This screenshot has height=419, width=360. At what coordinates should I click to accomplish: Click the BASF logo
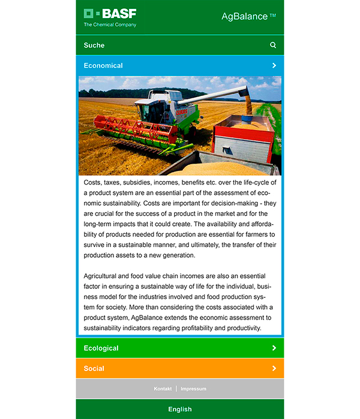pyautogui.click(x=110, y=13)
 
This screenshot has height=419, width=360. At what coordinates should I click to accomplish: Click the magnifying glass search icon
pyautogui.click(x=274, y=45)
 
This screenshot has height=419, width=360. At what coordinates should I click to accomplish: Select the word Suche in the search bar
pyautogui.click(x=94, y=45)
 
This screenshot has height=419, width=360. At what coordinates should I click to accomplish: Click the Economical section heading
pyautogui.click(x=103, y=65)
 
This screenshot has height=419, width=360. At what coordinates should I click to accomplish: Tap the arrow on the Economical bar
pyautogui.click(x=274, y=65)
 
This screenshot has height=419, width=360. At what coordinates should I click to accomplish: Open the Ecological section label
pyautogui.click(x=101, y=348)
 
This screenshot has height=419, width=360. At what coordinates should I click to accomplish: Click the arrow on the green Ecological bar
pyautogui.click(x=274, y=348)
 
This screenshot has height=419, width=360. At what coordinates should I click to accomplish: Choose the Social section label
pyautogui.click(x=94, y=368)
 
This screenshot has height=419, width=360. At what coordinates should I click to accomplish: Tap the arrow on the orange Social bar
pyautogui.click(x=274, y=368)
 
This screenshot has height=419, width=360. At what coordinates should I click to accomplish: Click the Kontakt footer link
pyautogui.click(x=163, y=388)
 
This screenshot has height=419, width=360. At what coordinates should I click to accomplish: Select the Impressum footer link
pyautogui.click(x=193, y=388)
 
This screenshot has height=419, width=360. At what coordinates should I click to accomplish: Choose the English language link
pyautogui.click(x=180, y=409)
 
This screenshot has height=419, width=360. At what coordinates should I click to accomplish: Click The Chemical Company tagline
pyautogui.click(x=110, y=25)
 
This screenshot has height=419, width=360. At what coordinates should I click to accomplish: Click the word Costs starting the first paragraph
pyautogui.click(x=92, y=182)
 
